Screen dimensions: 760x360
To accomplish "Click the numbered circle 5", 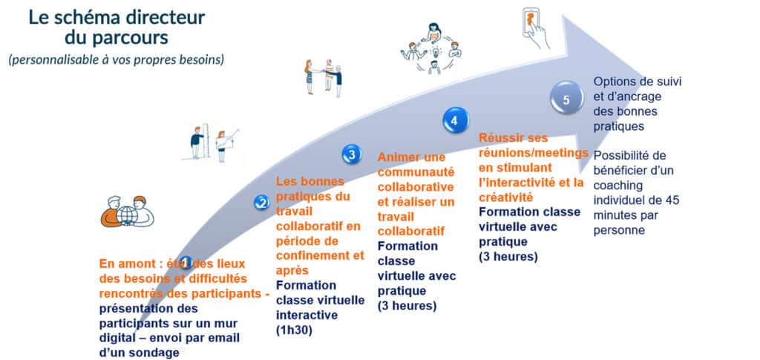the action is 566,99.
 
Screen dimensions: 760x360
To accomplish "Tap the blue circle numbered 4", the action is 455,121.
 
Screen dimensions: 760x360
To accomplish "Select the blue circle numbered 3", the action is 351,154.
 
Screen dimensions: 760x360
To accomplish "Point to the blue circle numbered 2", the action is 262,203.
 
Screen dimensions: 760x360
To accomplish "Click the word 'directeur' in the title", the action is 164,17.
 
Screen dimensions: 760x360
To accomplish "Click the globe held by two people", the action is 128,215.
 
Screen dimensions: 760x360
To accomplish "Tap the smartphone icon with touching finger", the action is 535,27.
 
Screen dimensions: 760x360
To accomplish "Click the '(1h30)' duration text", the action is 294,330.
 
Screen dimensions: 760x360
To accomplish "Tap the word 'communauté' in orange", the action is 416,172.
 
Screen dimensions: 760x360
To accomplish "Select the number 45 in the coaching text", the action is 672,200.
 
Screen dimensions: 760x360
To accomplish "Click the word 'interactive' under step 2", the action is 307,315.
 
